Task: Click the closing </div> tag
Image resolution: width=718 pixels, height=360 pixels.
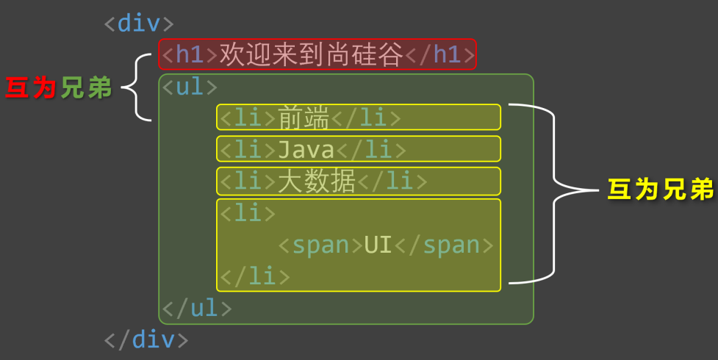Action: pos(146,339)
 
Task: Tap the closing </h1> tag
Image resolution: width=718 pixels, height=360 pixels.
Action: pos(441,54)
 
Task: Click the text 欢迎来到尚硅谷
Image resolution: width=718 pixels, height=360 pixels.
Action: pos(312,54)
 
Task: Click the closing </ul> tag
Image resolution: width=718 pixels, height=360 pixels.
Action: pos(197,309)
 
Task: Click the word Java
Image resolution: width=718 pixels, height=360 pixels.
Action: pos(305,150)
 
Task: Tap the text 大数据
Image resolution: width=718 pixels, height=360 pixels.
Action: pos(316,181)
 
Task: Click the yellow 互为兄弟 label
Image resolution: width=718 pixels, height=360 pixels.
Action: pos(661,190)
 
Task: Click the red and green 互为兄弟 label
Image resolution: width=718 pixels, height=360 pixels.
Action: pos(58,88)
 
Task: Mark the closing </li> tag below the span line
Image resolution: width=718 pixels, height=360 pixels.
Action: pos(255,277)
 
